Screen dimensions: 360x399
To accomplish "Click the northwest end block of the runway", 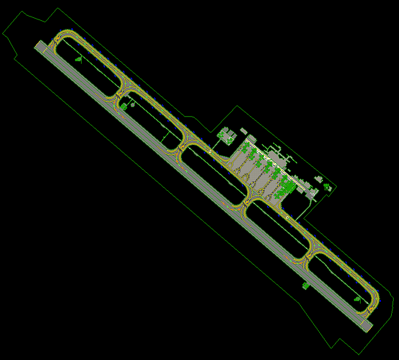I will (41, 46).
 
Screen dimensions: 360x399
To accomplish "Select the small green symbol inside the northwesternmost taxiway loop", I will (78, 59).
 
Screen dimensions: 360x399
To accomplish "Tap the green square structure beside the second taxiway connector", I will (124, 106).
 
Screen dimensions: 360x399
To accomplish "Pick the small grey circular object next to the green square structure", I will (133, 104).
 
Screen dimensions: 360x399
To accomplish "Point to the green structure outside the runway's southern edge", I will (305, 286).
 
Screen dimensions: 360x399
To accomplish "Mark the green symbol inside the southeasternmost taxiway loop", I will (358, 298).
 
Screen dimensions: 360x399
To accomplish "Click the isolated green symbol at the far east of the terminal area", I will (328, 187).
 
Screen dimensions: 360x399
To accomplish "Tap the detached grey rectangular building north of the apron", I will (243, 130).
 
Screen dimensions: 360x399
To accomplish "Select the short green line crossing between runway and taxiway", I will (164, 137).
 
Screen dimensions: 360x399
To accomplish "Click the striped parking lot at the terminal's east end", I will (312, 194).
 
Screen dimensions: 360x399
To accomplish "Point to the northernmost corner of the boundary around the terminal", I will (238, 106).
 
